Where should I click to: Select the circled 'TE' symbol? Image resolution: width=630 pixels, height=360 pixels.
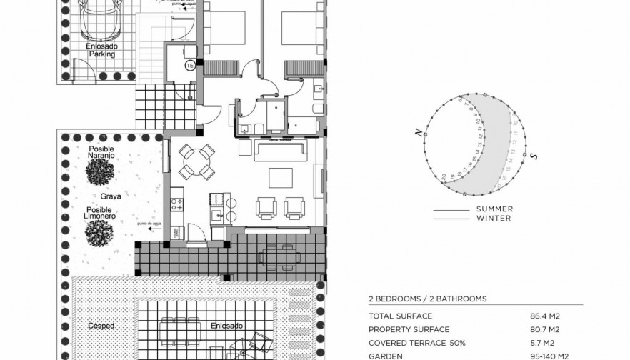tap(189, 66)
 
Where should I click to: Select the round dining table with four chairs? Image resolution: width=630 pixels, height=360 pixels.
tap(196, 161)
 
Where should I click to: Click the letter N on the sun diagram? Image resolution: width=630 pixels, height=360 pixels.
tap(414, 131)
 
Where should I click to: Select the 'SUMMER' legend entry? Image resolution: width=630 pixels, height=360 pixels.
tap(494, 209)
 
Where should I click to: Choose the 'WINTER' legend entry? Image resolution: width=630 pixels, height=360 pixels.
tap(494, 219)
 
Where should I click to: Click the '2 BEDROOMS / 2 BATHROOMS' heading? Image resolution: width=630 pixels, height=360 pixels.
tap(427, 299)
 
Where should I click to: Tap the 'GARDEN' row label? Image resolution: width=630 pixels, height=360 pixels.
tap(385, 356)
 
